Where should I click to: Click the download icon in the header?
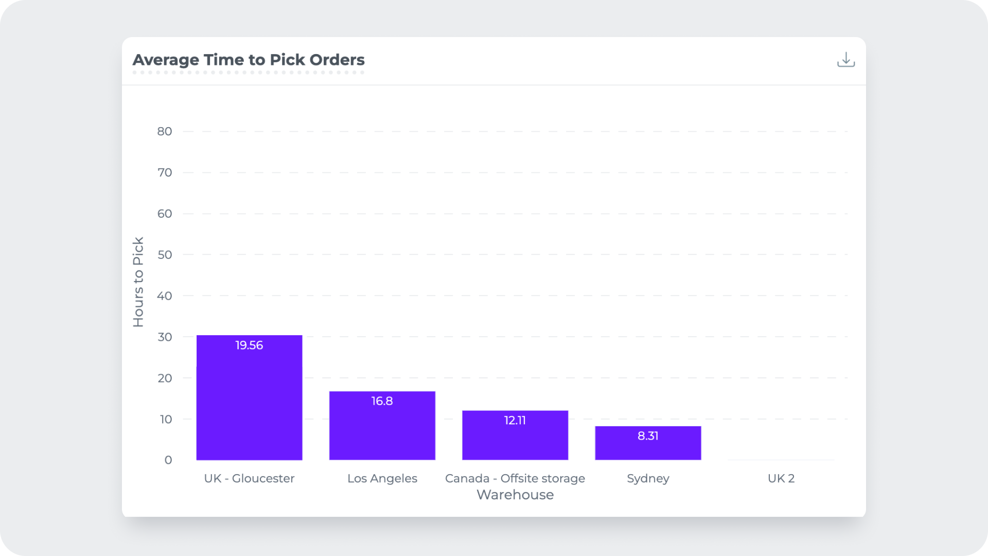[x=845, y=60]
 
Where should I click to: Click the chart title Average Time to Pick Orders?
[x=249, y=60]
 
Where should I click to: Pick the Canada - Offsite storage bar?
[x=515, y=441]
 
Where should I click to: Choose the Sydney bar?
[x=648, y=448]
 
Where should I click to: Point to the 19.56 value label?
[x=249, y=345]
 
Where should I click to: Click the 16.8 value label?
[x=382, y=401]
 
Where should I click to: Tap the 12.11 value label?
[x=515, y=420]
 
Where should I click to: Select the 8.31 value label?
[x=648, y=436]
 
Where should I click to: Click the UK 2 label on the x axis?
[x=781, y=478]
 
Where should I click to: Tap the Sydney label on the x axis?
[x=648, y=478]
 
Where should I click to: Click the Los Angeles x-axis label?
[x=382, y=478]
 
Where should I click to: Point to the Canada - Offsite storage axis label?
[x=515, y=478]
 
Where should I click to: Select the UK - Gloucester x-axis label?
[x=249, y=478]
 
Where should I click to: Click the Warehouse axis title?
[x=515, y=495]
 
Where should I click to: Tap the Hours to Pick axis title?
[x=138, y=282]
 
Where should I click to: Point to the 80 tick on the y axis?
[x=165, y=131]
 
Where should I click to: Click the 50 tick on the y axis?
[x=165, y=255]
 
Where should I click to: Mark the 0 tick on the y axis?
[x=168, y=460]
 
